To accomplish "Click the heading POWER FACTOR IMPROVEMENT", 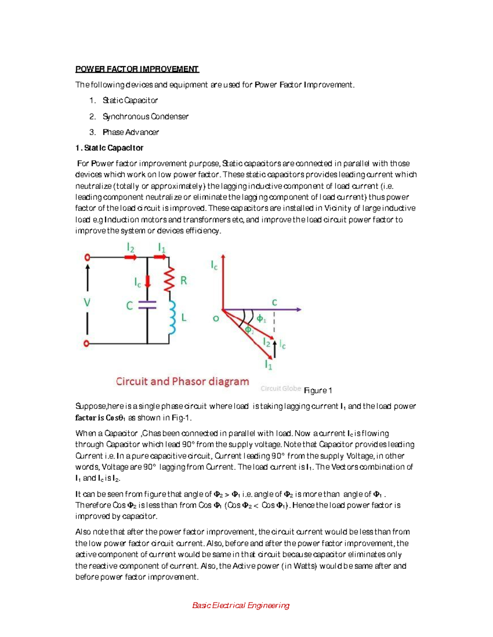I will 137,69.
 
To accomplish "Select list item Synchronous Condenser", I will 145,116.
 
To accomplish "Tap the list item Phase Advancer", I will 131,132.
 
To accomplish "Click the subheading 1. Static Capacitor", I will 109,148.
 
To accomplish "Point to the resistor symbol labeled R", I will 169,279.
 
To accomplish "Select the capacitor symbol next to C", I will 147,304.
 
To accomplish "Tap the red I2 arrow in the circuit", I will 131,257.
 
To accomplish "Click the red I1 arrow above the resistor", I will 160,257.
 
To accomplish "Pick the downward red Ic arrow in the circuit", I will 148,281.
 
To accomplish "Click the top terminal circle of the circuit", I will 87,257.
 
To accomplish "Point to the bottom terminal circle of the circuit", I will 87,343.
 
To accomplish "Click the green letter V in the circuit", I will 87,303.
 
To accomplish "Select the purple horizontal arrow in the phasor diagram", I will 263,309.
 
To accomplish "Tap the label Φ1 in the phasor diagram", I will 261,319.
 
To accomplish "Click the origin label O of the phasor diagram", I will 216,318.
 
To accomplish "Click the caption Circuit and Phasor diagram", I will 182,381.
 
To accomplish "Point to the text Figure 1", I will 318,390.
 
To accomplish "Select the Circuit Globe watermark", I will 281,388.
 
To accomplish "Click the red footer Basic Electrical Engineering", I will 241,605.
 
